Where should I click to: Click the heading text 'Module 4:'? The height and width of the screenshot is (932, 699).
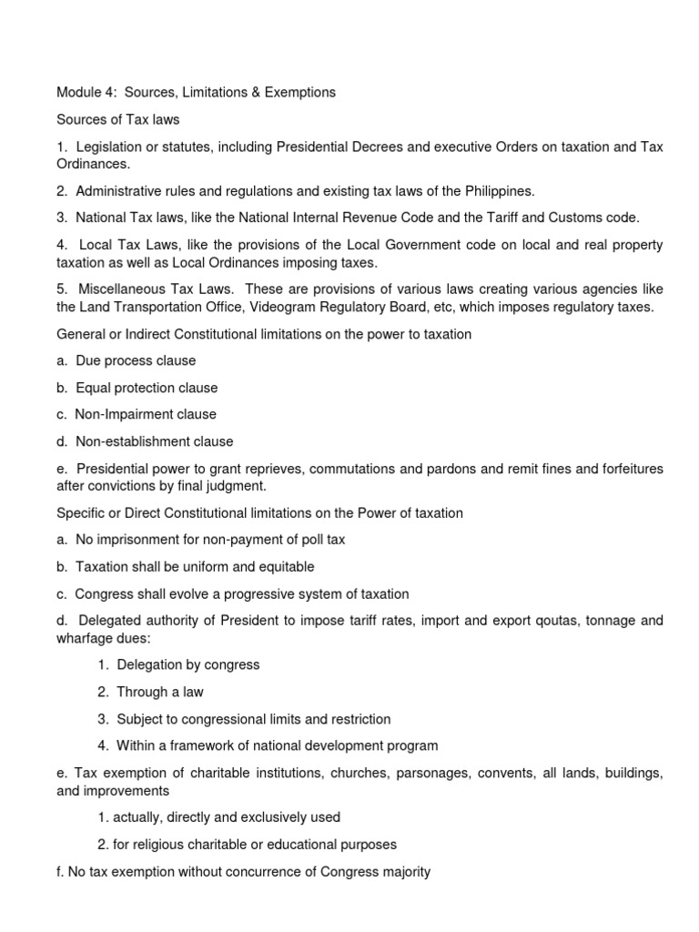86,92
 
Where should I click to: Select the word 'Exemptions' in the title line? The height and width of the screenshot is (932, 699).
300,92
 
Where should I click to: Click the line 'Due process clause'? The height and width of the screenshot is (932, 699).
136,360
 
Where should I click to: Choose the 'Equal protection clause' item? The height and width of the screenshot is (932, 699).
147,388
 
